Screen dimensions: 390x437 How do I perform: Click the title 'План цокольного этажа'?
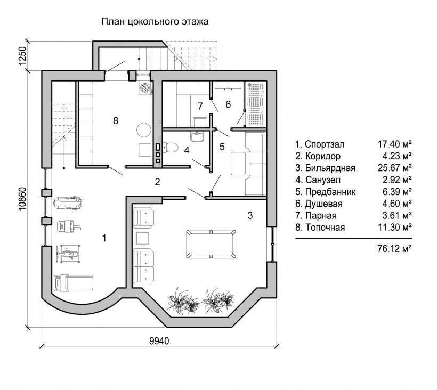coord(154,22)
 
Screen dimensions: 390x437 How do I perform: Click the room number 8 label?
coord(115,121)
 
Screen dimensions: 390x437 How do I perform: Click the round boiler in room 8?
coord(144,129)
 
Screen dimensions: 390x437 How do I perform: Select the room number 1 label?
coord(104,238)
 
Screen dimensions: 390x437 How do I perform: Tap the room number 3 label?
coord(249,215)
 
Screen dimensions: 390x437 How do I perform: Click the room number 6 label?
coord(228,104)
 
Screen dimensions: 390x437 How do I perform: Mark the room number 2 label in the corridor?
coord(157,182)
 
